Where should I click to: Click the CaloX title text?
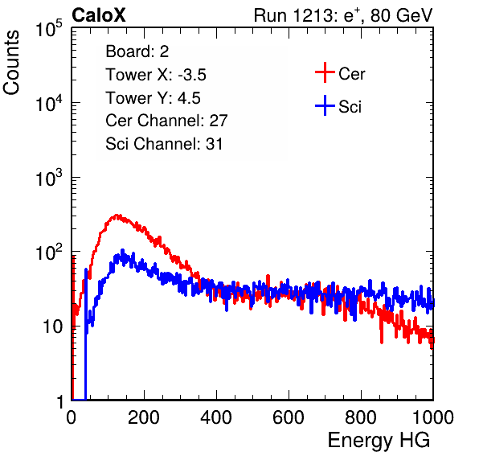pyautogui.click(x=99, y=15)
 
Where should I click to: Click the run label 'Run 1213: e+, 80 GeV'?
pyautogui.click(x=343, y=15)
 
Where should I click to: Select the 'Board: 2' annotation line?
pyautogui.click(x=137, y=51)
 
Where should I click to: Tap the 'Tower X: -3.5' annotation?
pyautogui.click(x=156, y=75)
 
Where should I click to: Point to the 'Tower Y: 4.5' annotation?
pyautogui.click(x=153, y=98)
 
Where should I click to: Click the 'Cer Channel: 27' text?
pyautogui.click(x=166, y=121)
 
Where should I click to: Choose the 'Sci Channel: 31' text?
pyautogui.click(x=164, y=144)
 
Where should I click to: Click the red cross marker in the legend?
pyautogui.click(x=325, y=72)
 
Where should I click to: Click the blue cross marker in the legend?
pyautogui.click(x=325, y=105)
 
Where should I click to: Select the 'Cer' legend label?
pyautogui.click(x=351, y=74)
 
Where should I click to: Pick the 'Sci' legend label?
pyautogui.click(x=350, y=107)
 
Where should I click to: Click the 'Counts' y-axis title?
pyautogui.click(x=11, y=63)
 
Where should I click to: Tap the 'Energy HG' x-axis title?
pyautogui.click(x=379, y=441)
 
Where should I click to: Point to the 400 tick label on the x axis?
pyautogui.click(x=216, y=417)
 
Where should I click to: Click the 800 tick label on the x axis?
pyautogui.click(x=361, y=417)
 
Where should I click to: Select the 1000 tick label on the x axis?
pyautogui.click(x=432, y=417)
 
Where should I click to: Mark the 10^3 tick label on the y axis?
pyautogui.click(x=49, y=178)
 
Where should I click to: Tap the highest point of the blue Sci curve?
pyautogui.click(x=123, y=250)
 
